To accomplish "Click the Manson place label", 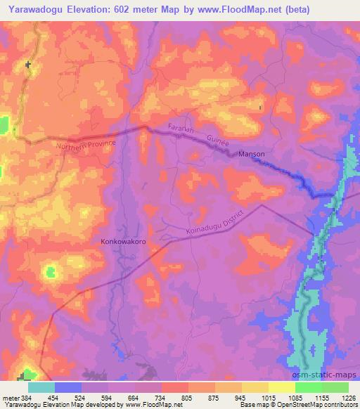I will [251, 154].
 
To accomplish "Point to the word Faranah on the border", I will [181, 130].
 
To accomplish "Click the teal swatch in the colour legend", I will [41, 387].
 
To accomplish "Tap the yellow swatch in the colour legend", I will [282, 387].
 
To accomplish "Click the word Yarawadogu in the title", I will [34, 9].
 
